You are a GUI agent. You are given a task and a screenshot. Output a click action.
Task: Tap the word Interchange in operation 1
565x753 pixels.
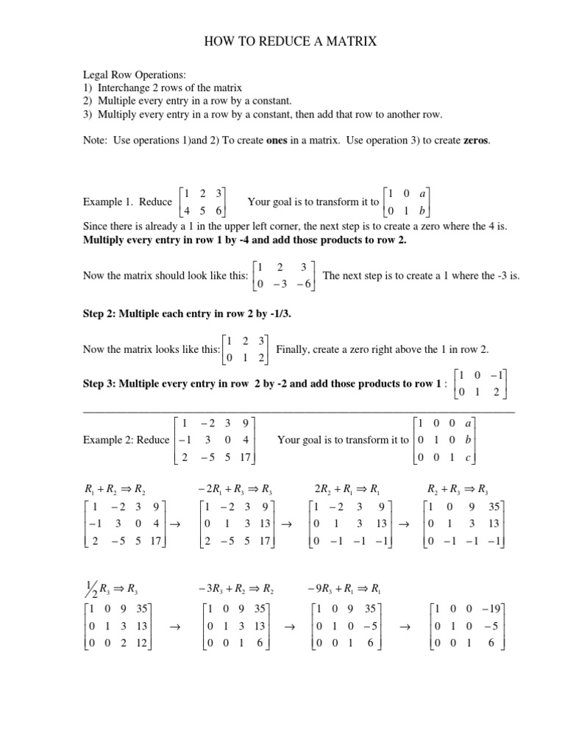pos(127,88)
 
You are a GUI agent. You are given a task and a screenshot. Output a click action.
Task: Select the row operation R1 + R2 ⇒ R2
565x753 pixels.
pos(113,489)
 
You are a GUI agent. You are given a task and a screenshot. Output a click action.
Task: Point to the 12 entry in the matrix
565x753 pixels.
pos(157,641)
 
